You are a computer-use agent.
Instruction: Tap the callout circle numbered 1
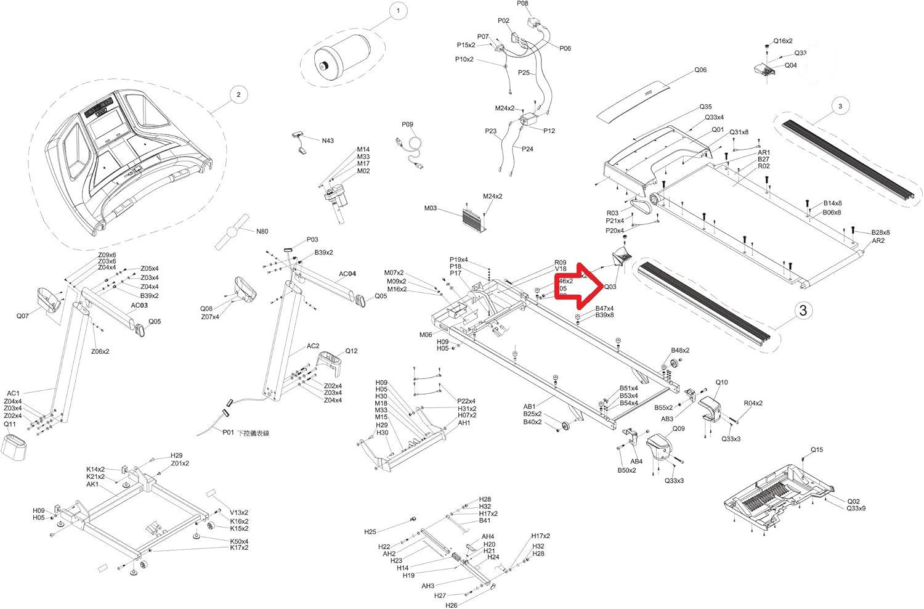point(398,11)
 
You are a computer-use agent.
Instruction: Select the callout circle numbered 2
point(238,94)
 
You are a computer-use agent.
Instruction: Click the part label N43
point(328,141)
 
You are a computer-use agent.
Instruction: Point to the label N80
point(262,232)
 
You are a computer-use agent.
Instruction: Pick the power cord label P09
point(407,125)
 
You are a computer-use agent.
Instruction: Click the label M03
point(430,208)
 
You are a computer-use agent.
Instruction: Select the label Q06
point(700,70)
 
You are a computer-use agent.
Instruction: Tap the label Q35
point(705,107)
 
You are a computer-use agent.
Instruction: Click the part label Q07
point(22,316)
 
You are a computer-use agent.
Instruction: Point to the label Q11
point(10,424)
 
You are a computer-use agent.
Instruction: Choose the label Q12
point(351,351)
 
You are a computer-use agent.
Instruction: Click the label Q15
point(816,450)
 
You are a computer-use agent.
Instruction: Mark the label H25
point(370,531)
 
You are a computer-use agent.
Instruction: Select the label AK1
point(92,484)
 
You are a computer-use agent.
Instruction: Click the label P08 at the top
point(522,4)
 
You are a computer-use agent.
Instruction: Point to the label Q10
point(721,383)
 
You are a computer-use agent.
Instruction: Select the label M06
point(426,335)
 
